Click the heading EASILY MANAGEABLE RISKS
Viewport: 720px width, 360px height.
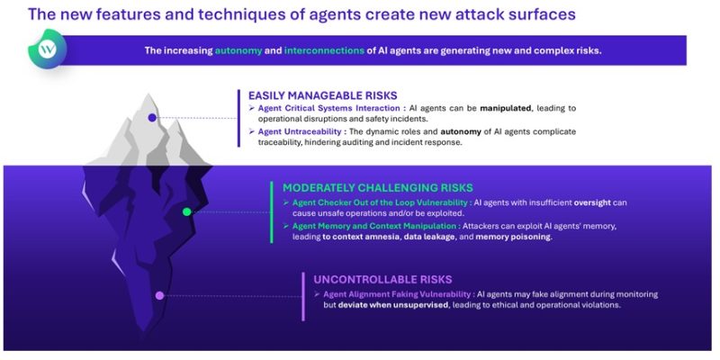pyautogui.click(x=323, y=94)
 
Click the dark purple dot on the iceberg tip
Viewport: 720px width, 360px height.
pyautogui.click(x=152, y=117)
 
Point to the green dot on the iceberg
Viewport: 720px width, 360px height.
pyautogui.click(x=186, y=212)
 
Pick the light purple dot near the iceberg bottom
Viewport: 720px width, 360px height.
pyautogui.click(x=159, y=295)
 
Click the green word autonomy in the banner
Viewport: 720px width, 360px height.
pyautogui.click(x=240, y=50)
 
